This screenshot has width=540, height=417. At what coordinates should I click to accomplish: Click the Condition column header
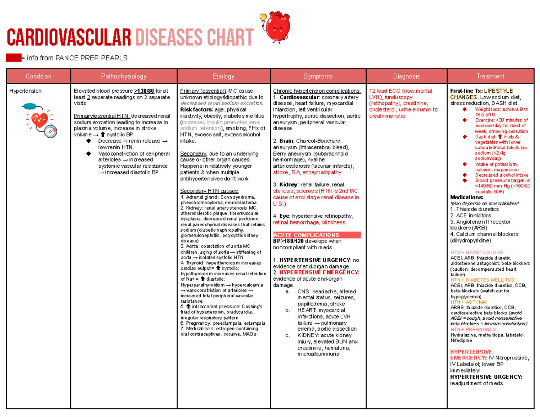(38, 76)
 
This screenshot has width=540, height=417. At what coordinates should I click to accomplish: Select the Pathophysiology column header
(123, 76)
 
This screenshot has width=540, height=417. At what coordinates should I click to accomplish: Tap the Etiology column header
(223, 76)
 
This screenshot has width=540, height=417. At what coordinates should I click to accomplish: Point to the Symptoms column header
(318, 76)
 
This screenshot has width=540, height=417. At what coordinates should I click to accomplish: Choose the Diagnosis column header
(406, 76)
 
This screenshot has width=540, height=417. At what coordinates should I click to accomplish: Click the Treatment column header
(490, 76)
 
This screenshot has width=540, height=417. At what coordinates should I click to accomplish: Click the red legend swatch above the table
(13, 58)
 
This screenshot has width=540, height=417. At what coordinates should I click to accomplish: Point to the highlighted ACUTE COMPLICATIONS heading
(306, 235)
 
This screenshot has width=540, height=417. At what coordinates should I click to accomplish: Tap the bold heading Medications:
(467, 197)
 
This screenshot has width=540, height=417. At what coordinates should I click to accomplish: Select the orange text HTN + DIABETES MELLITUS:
(483, 279)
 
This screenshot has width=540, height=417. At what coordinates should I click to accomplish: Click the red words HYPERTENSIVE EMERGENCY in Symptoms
(318, 272)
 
